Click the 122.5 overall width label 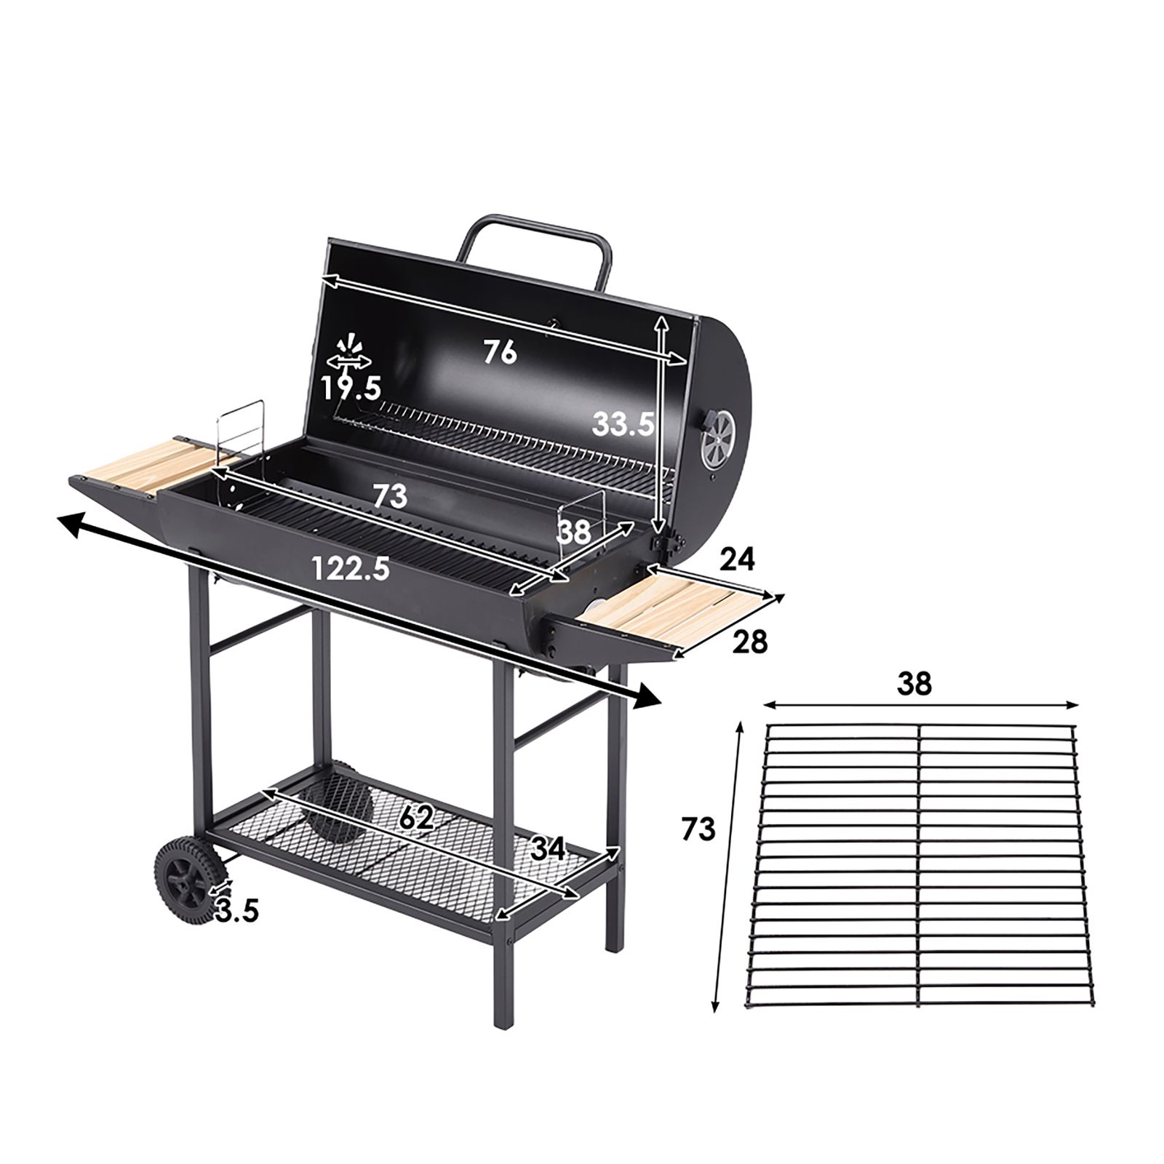(x=350, y=567)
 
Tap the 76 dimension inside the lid (x=500, y=353)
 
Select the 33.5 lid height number (x=623, y=423)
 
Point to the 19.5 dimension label (x=351, y=388)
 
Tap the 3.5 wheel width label (x=236, y=910)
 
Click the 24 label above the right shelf (x=738, y=559)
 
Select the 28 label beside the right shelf (x=749, y=642)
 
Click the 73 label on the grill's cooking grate (x=390, y=496)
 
